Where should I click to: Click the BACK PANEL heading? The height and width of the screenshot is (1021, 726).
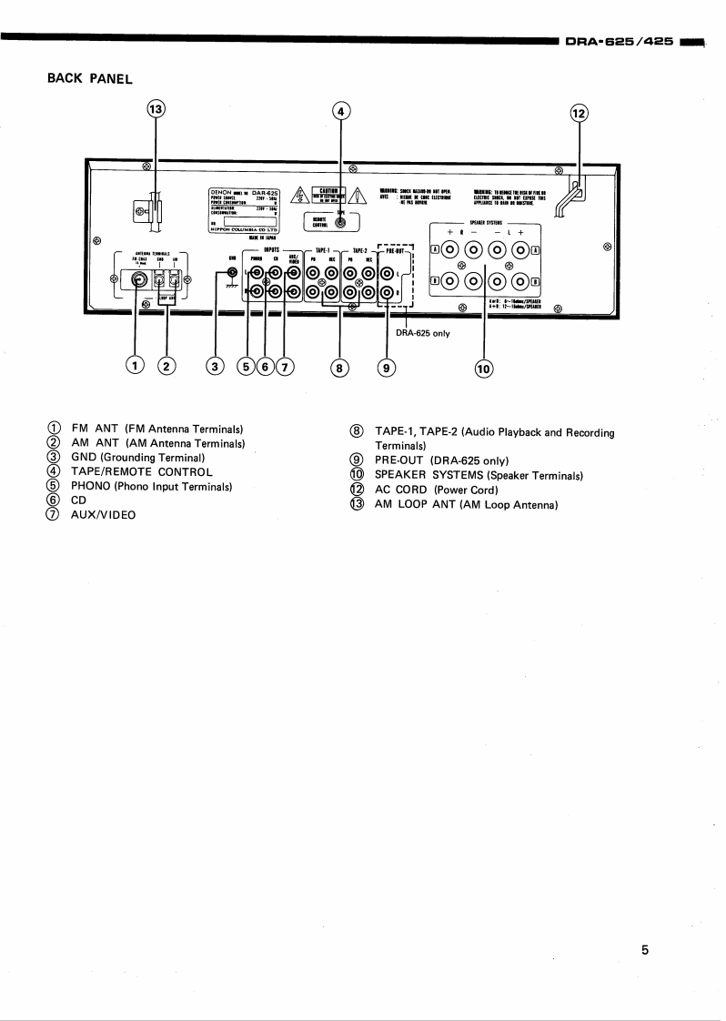click(x=89, y=78)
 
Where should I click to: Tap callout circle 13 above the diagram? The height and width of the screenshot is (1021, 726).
click(x=156, y=109)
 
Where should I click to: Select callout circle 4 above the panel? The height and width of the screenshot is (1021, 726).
click(x=341, y=111)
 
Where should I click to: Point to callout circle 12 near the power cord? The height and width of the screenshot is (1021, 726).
click(x=580, y=114)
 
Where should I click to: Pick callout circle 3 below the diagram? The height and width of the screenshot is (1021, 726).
click(x=216, y=367)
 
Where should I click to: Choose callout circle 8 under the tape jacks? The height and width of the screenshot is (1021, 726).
click(x=340, y=369)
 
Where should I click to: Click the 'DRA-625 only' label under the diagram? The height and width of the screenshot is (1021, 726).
click(x=422, y=333)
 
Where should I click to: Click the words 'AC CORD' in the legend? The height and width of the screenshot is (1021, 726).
click(x=401, y=490)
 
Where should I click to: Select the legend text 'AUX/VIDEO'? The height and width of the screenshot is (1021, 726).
click(x=103, y=515)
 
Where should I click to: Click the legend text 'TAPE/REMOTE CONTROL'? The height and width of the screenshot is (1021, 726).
click(x=141, y=471)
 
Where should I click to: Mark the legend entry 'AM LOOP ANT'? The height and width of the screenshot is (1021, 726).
click(x=415, y=504)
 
